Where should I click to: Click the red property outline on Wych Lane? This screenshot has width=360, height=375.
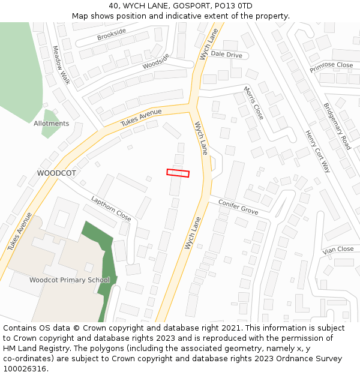click(x=178, y=173)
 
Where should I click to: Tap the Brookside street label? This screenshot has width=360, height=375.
click(x=112, y=35)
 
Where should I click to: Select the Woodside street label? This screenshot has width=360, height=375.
click(x=156, y=61)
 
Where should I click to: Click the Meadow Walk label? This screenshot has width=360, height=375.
click(x=61, y=65)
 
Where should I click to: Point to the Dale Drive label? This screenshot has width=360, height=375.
click(x=226, y=55)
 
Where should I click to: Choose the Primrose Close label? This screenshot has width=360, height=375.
click(x=331, y=65)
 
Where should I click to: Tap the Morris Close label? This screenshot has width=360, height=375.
click(x=253, y=103)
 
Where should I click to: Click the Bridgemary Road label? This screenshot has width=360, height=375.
click(x=337, y=125)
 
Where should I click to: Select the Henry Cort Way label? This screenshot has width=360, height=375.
click(x=317, y=151)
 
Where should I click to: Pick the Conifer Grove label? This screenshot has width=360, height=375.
click(x=238, y=207)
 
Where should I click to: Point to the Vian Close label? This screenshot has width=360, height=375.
click(x=338, y=249)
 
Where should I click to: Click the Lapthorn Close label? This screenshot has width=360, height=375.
click(x=111, y=208)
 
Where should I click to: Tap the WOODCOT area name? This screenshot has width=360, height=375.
click(x=56, y=173)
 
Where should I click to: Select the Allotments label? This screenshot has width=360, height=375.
click(x=51, y=124)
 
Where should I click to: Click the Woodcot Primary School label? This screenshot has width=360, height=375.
click(x=70, y=280)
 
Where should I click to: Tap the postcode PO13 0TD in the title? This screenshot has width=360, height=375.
click(x=232, y=6)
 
